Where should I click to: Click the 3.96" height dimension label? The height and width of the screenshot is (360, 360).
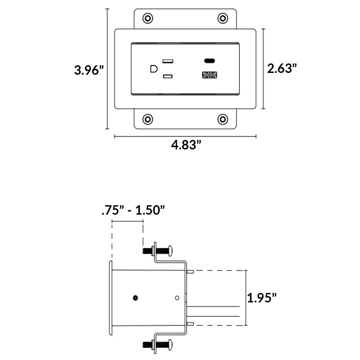[x=89, y=70]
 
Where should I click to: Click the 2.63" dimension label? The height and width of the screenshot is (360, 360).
[x=282, y=68]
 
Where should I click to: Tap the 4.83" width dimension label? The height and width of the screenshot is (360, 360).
[x=185, y=145]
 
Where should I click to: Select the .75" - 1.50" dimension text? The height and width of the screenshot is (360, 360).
[x=133, y=211]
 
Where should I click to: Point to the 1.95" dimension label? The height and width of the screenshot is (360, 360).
[x=261, y=297]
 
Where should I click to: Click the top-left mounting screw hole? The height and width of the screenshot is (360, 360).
[x=147, y=18]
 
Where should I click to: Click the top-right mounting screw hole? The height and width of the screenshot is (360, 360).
[x=222, y=18]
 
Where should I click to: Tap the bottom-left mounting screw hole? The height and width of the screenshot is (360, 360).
[x=147, y=119]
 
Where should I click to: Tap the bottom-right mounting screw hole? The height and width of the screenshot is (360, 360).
[x=222, y=119]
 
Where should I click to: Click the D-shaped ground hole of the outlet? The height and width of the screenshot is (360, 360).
[x=153, y=69]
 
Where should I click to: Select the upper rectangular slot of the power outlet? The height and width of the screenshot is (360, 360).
[x=168, y=61]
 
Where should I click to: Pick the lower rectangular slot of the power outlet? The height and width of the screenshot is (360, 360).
[x=168, y=77]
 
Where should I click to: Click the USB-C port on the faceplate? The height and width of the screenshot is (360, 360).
[x=209, y=61]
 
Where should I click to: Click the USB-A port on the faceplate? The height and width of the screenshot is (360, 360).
[x=209, y=75]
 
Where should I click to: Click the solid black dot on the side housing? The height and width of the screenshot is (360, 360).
[x=135, y=297]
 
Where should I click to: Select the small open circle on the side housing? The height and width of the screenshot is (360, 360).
[x=177, y=297]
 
